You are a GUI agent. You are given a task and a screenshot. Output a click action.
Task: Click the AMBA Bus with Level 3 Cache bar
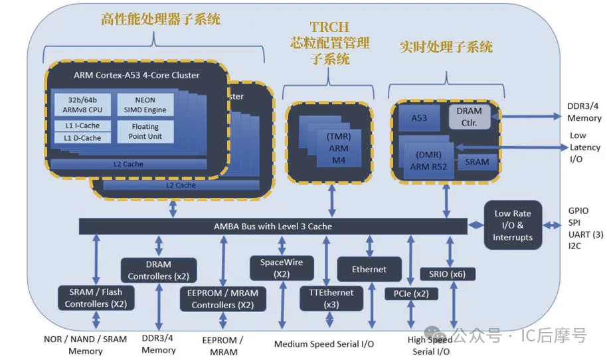pyautogui.click(x=272, y=226)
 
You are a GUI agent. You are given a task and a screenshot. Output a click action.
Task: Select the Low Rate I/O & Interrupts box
pyautogui.click(x=513, y=225)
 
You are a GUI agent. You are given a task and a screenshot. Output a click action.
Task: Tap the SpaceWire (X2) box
pyautogui.click(x=281, y=268)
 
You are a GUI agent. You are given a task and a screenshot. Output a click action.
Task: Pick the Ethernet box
pyautogui.click(x=369, y=269)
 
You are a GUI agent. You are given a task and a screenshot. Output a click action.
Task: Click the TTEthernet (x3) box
pyautogui.click(x=331, y=298)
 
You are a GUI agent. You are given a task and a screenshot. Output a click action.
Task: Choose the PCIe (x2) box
pyautogui.click(x=411, y=293)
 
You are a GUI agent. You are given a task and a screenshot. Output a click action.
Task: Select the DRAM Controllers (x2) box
pyautogui.click(x=159, y=270)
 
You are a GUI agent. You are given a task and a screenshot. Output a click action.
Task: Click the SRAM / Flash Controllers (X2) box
pyautogui.click(x=96, y=298)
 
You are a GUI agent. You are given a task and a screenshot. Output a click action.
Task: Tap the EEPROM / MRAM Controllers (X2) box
pyautogui.click(x=222, y=299)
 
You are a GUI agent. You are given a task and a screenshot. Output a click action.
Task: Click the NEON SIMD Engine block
pyautogui.click(x=145, y=104)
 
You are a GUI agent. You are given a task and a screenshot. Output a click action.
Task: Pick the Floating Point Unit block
pyautogui.click(x=145, y=131)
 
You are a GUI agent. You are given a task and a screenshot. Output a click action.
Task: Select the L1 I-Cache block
pyautogui.click(x=82, y=126)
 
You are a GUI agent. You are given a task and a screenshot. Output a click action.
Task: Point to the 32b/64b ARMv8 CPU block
pyautogui.click(x=82, y=104)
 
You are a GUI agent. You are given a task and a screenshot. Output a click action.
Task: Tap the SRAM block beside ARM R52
pyautogui.click(x=477, y=161)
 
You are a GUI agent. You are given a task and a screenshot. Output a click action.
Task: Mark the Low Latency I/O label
pyautogui.click(x=584, y=147)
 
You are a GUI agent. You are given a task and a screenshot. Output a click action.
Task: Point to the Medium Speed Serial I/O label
pyautogui.click(x=324, y=344)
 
